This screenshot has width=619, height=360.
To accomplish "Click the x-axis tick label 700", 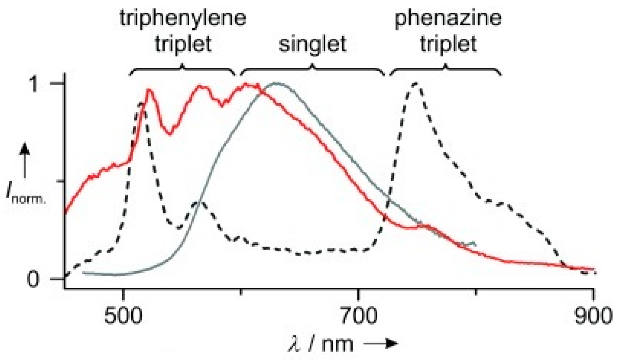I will (x=359, y=316).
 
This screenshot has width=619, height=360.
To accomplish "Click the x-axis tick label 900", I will (x=593, y=316).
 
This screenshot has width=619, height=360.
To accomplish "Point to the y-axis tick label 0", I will (x=33, y=279).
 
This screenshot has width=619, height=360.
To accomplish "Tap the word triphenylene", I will (x=183, y=18).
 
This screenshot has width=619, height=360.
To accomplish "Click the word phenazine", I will (x=448, y=18).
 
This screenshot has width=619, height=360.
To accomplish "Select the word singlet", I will (x=312, y=44).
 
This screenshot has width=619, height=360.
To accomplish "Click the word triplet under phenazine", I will (x=448, y=44).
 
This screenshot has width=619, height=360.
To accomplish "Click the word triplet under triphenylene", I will (x=183, y=44).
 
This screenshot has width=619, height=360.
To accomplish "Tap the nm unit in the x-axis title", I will (x=337, y=344).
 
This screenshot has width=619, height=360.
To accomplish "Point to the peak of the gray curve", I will (x=277, y=83).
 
